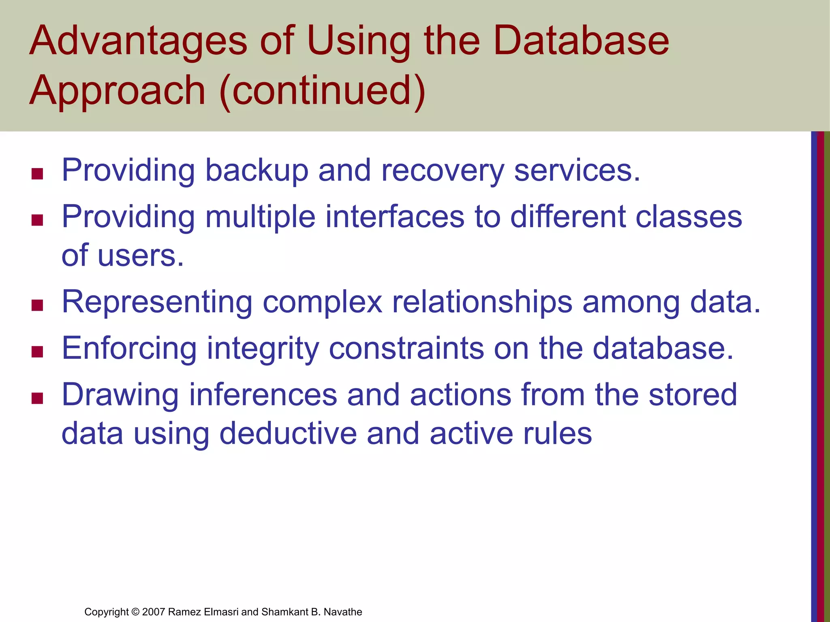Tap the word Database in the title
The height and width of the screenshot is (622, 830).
coord(581,40)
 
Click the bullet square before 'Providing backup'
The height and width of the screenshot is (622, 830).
coord(37,174)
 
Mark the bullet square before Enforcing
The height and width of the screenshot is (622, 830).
coord(37,351)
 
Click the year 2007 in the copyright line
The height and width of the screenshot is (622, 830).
coord(154,612)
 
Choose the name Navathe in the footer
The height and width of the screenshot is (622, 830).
coord(342,612)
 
